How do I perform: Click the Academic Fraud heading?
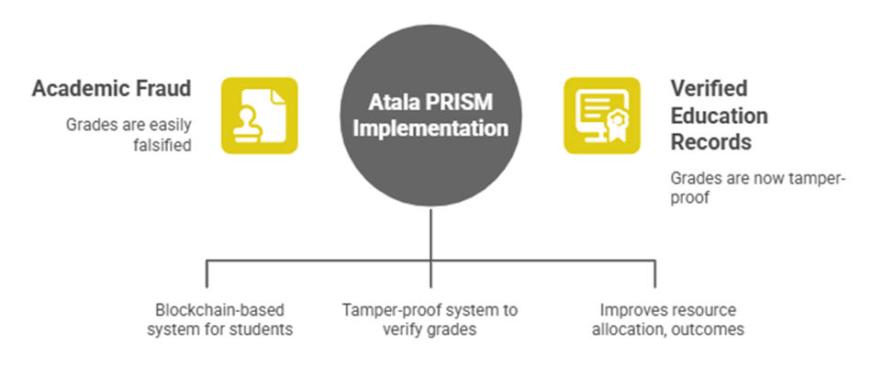111,89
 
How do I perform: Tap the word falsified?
162,145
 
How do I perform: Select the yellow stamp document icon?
260,116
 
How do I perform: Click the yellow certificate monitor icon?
602,116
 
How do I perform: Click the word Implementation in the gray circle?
430,128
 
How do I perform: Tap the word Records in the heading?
710,142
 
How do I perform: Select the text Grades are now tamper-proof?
758,187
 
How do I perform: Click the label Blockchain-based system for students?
219,319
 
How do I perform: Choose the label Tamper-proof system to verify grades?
430,319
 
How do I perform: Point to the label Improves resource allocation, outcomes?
667,319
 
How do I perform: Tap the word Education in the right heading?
719,116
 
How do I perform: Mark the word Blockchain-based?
219,310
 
